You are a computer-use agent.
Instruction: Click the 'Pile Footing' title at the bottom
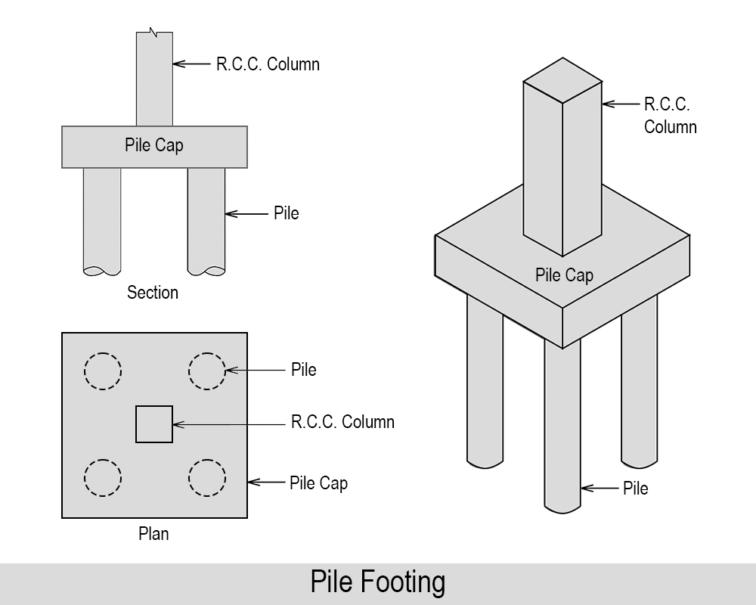tap(377, 582)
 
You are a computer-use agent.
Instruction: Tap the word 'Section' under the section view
tap(153, 293)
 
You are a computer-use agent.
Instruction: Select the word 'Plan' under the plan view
tap(153, 534)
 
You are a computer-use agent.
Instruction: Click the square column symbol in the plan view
tap(154, 424)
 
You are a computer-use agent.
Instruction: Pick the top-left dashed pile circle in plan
tap(102, 371)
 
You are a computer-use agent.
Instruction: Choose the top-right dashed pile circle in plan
tap(206, 371)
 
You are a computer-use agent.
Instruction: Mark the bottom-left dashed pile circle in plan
tap(102, 477)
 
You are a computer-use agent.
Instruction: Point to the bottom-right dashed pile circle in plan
tap(206, 477)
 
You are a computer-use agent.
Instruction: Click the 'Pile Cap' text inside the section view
tap(154, 145)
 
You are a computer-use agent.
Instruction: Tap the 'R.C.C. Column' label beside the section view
tap(268, 64)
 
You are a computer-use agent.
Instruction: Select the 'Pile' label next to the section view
tap(287, 213)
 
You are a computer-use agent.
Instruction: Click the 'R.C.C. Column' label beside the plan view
tap(342, 422)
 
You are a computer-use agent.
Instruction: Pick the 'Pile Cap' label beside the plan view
tap(318, 482)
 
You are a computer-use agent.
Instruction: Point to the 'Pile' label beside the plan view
tap(303, 370)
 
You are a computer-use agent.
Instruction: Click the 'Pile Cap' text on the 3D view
tap(564, 275)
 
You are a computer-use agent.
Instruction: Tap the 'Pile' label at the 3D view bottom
tap(635, 489)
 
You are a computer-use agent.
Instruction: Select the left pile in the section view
tap(102, 219)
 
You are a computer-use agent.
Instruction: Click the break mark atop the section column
tap(154, 33)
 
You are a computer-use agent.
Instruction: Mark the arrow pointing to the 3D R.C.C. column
tap(620, 104)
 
